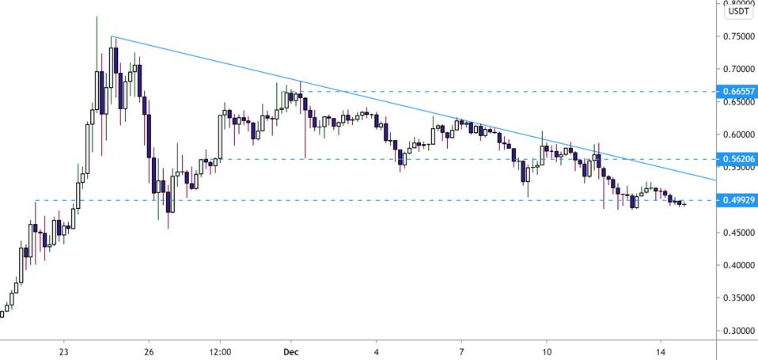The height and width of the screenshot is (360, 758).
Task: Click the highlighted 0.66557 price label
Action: pos(737,92)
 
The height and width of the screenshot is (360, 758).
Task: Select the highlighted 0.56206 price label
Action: pos(737,159)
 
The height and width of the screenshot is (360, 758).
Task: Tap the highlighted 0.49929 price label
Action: pos(737,200)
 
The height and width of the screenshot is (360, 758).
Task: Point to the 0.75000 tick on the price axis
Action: pos(737,36)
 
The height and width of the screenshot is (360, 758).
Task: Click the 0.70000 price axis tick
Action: pos(737,69)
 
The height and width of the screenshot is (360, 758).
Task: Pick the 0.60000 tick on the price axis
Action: pos(737,135)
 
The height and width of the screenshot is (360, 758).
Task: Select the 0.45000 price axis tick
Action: pos(737,233)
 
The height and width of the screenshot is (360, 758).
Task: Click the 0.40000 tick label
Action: pos(737,265)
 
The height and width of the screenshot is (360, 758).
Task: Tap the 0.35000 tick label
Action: pos(737,298)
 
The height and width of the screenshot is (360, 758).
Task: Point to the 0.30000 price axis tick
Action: pos(737,331)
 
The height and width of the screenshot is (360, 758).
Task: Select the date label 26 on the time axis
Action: pos(149,351)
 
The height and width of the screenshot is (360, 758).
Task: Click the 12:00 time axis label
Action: pos(220,351)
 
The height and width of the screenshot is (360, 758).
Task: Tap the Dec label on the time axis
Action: pos(291,351)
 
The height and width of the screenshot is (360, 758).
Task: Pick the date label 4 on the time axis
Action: pos(377,351)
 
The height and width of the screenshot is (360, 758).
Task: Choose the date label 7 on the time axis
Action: pos(461,351)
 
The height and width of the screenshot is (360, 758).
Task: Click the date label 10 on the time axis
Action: pos(546,351)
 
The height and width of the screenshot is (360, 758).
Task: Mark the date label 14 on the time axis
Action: pos(660,351)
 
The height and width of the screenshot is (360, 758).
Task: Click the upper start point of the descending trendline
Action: pos(112,36)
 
